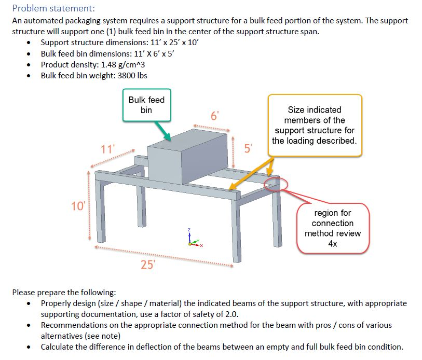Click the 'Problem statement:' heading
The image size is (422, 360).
[53, 8]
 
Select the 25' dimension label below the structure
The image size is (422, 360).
[147, 265]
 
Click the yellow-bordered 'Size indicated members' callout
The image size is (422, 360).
[315, 125]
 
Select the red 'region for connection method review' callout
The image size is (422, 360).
[332, 228]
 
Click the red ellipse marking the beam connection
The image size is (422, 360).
[276, 183]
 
